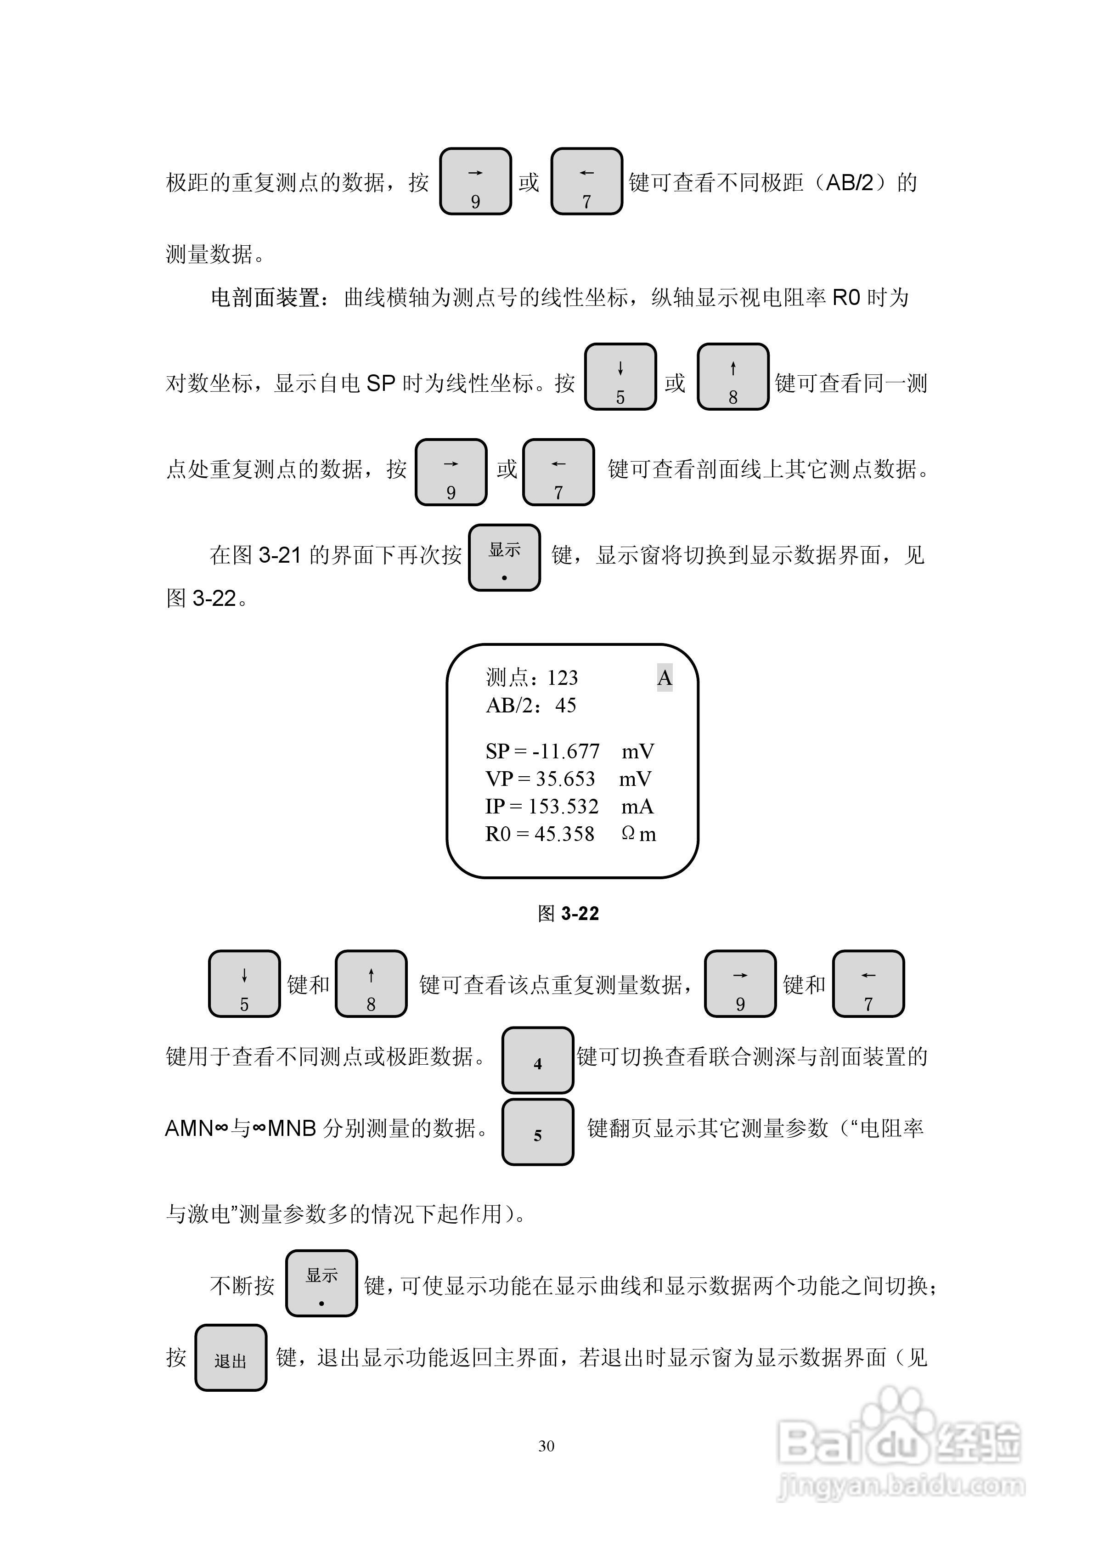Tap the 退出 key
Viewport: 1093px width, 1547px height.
coord(231,1357)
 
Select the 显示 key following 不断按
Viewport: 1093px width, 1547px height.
coord(321,1283)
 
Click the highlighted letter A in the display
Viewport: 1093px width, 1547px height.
coord(665,678)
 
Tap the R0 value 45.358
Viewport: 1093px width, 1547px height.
coord(565,834)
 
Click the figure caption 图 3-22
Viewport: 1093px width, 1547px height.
coord(568,914)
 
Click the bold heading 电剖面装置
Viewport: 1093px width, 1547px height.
coord(265,297)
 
